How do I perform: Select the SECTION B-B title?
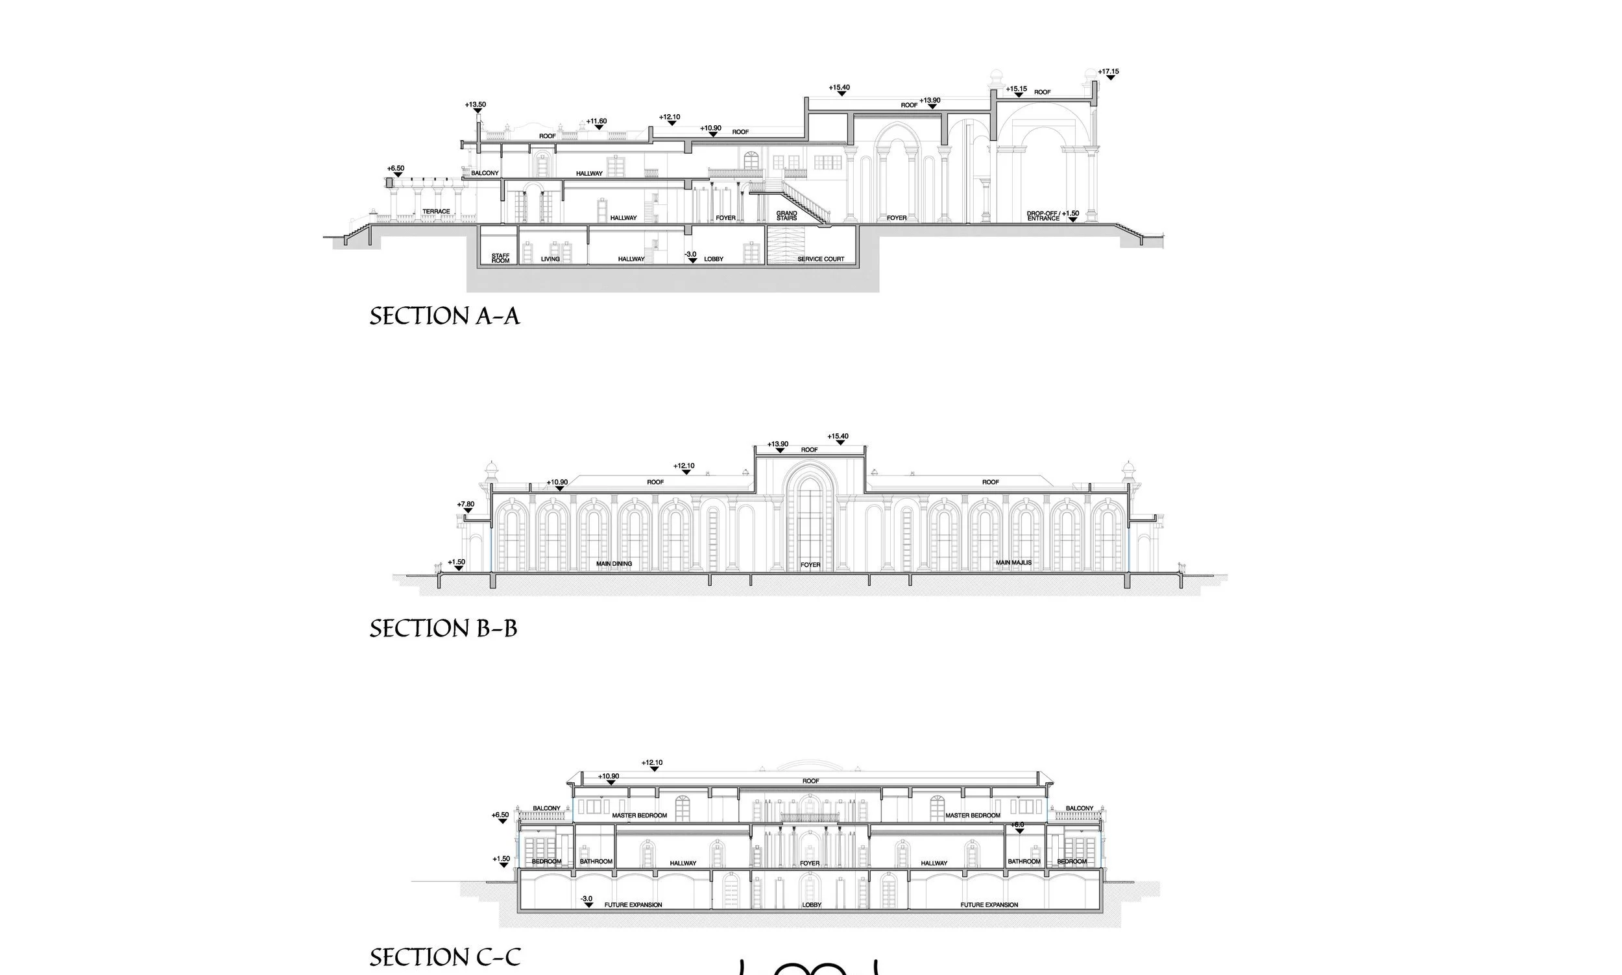pos(442,629)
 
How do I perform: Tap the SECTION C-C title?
pos(445,957)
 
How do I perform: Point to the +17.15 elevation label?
pos(1108,71)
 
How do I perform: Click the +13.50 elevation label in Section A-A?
pos(475,104)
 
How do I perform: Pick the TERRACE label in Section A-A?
pos(436,211)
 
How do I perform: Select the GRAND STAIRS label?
pos(786,215)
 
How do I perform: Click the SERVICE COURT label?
pos(821,259)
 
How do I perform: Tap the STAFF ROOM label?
pos(500,258)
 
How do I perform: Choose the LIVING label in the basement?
pos(551,259)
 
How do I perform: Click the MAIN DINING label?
pos(614,564)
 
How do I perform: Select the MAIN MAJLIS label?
pos(1013,562)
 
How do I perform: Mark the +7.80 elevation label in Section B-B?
pos(465,505)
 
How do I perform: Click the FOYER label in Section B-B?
pos(810,565)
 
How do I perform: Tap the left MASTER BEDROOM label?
pos(639,815)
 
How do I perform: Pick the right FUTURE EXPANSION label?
pos(989,905)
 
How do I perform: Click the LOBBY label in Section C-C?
pos(812,905)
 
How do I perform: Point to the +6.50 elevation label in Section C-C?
pos(500,815)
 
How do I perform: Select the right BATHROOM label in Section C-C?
pos(1024,861)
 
